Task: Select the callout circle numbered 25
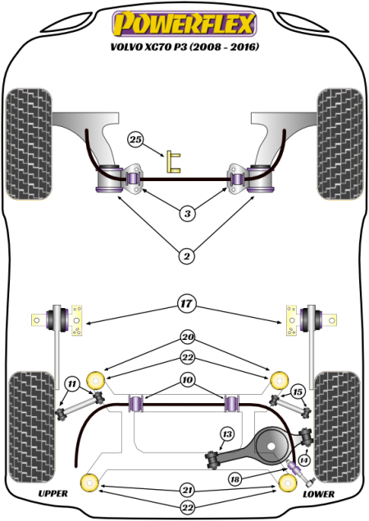pos(136,140)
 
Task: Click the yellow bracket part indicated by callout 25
pos(172,161)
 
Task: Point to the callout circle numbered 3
pos(187,215)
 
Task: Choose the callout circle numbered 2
pos(187,257)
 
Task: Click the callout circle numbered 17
pos(187,304)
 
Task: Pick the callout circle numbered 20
pos(187,337)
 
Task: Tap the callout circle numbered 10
pos(187,380)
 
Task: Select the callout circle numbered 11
pos(72,383)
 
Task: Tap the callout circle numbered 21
pos(187,489)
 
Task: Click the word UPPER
pos(52,494)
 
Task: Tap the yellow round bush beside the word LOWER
pos(287,483)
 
